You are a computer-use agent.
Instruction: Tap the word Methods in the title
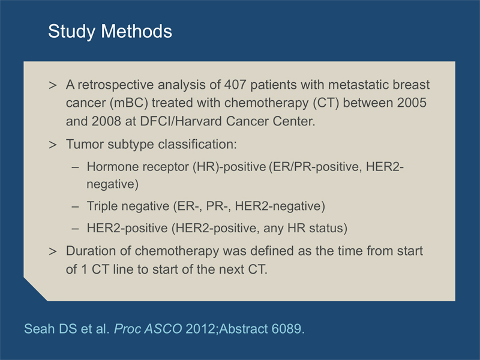coord(137,31)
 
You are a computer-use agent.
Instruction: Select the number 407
coord(235,85)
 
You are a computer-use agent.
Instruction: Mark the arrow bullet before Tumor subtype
coord(53,145)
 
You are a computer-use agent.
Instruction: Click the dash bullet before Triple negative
coord(76,206)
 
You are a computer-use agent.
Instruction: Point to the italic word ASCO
coord(163,329)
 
